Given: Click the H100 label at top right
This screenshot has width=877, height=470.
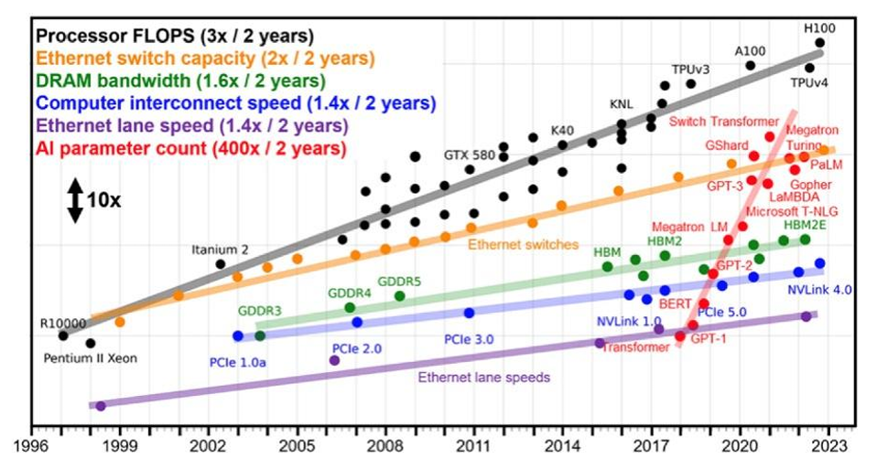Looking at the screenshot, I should pyautogui.click(x=820, y=27).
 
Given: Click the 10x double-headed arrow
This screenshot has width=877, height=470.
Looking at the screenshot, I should pyautogui.click(x=74, y=200).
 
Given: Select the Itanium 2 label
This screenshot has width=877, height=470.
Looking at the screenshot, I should pyautogui.click(x=220, y=249).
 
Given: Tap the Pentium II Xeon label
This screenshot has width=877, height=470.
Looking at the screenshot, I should pyautogui.click(x=90, y=358).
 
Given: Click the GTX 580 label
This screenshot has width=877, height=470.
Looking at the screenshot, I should pyautogui.click(x=469, y=154).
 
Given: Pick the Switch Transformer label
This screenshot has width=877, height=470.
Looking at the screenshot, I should pyautogui.click(x=717, y=122).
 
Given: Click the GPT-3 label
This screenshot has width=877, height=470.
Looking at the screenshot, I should pyautogui.click(x=724, y=186).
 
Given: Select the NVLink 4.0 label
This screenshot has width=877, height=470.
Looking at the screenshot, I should pyautogui.click(x=819, y=290).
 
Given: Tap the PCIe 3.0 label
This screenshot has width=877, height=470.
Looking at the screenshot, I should pyautogui.click(x=469, y=339).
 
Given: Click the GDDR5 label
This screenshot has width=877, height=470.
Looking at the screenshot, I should pyautogui.click(x=399, y=282).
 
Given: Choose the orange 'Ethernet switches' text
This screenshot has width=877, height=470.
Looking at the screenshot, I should pyautogui.click(x=523, y=244).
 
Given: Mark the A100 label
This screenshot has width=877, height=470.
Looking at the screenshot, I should pyautogui.click(x=751, y=51).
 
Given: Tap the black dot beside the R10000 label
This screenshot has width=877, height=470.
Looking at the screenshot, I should pyautogui.click(x=63, y=336).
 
